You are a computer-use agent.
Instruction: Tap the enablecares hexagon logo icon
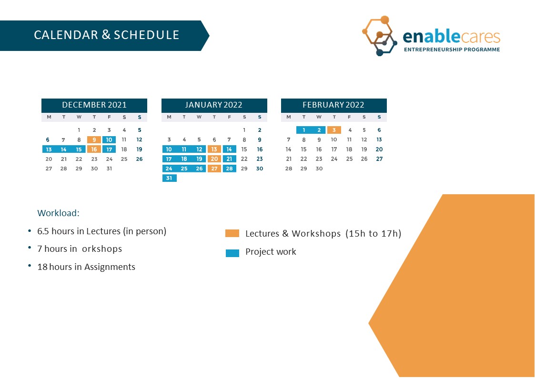tap(379, 36)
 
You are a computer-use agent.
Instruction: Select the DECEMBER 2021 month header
tap(94, 105)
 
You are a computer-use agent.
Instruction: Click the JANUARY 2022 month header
tap(214, 105)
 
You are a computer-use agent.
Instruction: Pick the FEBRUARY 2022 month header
tap(333, 105)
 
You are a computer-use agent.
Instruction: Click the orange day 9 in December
tap(94, 140)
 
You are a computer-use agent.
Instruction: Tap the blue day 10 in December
tap(109, 140)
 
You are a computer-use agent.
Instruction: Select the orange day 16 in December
tap(94, 149)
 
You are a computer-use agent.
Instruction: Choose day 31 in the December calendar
tap(109, 169)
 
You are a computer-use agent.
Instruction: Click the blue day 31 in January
tap(169, 178)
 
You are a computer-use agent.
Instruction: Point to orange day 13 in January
tap(214, 149)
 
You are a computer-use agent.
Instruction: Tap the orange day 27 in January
tap(214, 169)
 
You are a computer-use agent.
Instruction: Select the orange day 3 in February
tap(334, 130)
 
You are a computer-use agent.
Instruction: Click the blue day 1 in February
tap(303, 130)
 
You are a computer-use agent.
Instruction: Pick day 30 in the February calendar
tap(319, 169)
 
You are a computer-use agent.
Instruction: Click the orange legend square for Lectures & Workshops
tap(232, 233)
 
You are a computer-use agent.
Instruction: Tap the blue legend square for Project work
tap(232, 253)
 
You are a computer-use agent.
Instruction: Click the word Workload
tap(58, 213)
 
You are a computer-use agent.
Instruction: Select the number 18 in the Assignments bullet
tap(42, 267)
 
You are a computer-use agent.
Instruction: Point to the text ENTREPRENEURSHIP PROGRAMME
tap(452, 50)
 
